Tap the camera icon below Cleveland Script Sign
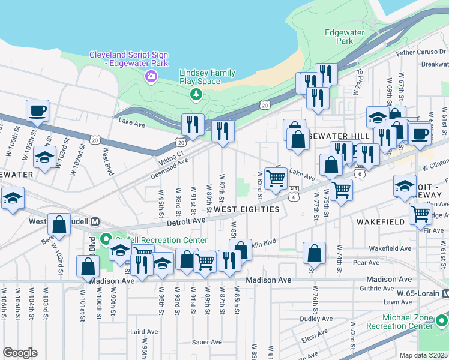(151, 76)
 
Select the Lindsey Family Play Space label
(208, 77)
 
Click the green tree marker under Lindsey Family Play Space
(196, 94)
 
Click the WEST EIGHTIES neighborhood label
(247, 209)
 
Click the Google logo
(20, 352)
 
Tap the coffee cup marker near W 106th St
(37, 110)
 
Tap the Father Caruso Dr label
(423, 52)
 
